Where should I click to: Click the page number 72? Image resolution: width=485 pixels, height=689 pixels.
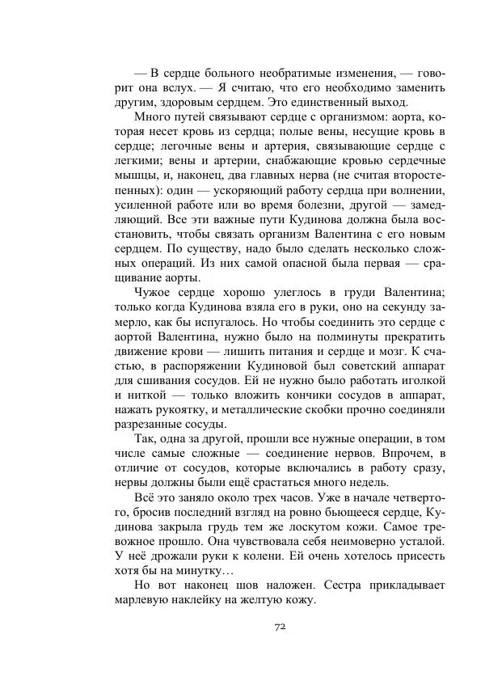point(281,627)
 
